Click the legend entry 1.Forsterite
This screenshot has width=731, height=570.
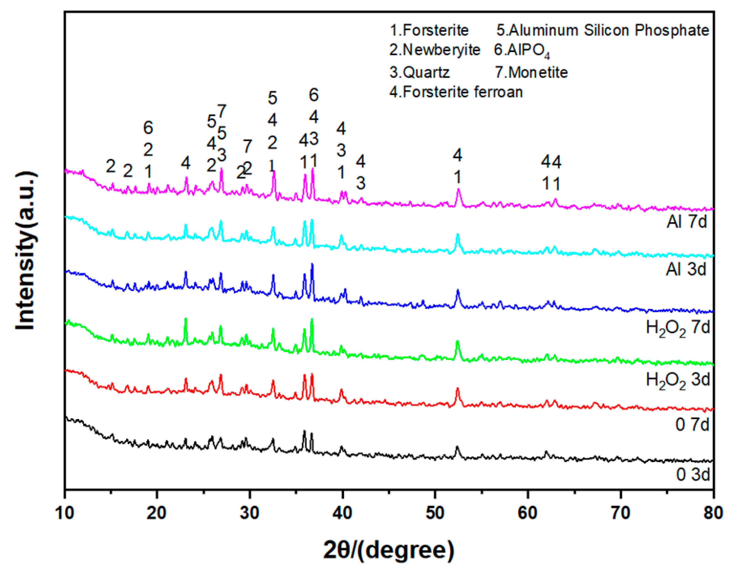[x=429, y=31]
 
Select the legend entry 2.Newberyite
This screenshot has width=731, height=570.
[x=435, y=50]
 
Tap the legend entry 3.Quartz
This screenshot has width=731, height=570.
[x=419, y=72]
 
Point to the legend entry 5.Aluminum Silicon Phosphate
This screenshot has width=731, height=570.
[x=602, y=31]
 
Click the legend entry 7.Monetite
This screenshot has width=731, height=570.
[x=531, y=72]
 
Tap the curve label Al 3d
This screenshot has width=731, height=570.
[x=686, y=269]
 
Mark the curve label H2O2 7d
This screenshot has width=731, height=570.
[x=678, y=328]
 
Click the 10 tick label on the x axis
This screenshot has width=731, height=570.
[x=64, y=512]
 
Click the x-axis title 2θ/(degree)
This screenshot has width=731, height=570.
[x=389, y=550]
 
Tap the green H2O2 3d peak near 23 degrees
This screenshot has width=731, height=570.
[x=186, y=319]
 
